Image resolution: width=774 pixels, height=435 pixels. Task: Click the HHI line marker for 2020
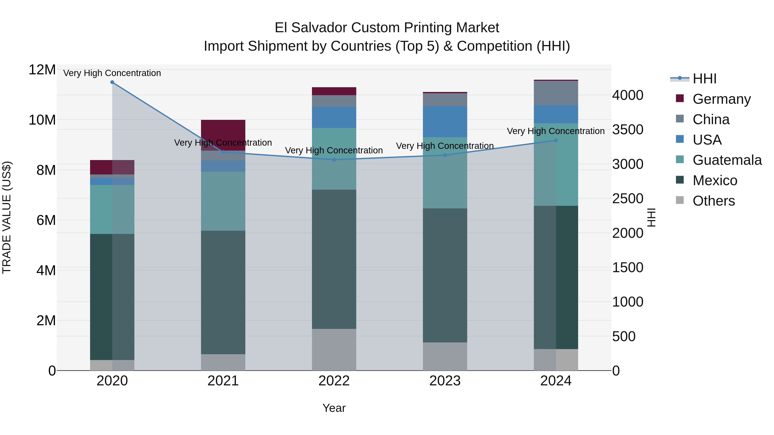click(112, 82)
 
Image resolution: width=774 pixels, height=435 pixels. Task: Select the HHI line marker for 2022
click(334, 160)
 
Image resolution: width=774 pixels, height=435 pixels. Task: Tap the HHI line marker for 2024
click(556, 140)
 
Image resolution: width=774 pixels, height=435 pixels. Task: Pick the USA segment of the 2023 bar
click(445, 122)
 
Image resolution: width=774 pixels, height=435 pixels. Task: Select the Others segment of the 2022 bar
click(334, 350)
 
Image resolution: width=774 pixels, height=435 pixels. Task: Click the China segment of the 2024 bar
click(556, 93)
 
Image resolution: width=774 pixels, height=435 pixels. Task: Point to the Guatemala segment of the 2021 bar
click(223, 201)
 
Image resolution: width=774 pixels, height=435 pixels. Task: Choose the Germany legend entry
click(721, 99)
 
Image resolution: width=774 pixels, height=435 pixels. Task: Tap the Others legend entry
click(713, 201)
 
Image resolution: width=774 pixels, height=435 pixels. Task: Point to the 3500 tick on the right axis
click(628, 130)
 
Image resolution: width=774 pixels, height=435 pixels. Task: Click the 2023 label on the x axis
click(445, 381)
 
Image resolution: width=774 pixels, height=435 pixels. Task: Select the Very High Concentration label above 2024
click(556, 131)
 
